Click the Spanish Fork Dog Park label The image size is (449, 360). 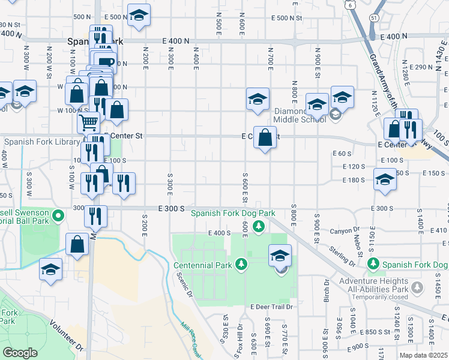233,213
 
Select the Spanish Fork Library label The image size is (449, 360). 40,142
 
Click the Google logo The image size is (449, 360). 20,353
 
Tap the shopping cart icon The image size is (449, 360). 88,123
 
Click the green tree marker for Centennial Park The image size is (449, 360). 241,264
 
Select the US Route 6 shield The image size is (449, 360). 349,4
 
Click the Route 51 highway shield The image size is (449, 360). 373,17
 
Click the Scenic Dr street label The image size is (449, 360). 184,286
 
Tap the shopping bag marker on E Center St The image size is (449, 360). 265,138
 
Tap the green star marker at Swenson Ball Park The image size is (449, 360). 58,215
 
